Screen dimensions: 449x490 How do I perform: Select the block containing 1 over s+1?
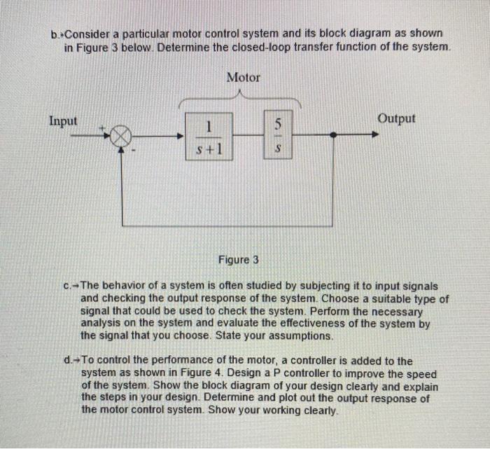208,136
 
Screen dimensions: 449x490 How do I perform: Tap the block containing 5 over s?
278,136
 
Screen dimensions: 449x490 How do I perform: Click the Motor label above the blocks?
243,77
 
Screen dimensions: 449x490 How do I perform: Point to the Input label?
63,120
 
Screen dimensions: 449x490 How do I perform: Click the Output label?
396,118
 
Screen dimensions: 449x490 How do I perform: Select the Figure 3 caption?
238,260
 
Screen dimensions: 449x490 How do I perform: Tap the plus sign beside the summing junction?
102,127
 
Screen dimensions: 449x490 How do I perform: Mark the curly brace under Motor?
241,99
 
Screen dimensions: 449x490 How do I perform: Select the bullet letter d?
66,361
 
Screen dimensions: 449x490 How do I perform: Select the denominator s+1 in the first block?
208,148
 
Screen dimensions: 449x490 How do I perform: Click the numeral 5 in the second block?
278,125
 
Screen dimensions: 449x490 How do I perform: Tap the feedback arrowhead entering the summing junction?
122,151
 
